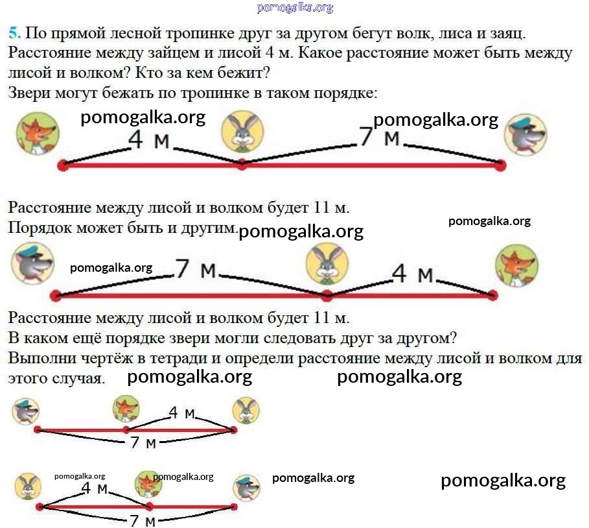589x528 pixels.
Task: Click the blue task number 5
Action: (14, 34)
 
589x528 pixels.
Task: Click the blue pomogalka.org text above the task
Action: (294, 8)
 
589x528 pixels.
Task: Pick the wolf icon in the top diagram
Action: (525, 135)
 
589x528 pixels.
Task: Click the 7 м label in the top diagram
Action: (379, 138)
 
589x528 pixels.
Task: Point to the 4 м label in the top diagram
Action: (148, 139)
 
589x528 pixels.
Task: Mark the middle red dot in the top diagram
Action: (242, 165)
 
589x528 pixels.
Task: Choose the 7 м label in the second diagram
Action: (196, 269)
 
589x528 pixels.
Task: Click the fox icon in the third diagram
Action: (126, 409)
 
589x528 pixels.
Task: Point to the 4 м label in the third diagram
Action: (181, 413)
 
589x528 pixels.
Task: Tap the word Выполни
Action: (39, 358)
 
